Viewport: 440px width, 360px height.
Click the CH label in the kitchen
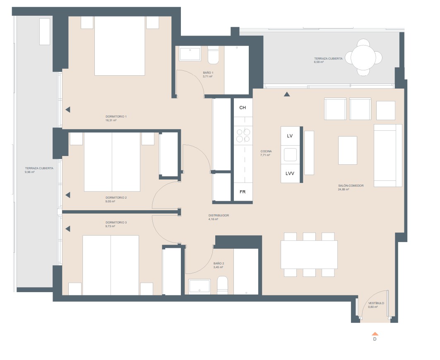coord(243,108)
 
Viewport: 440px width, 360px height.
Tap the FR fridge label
coord(243,192)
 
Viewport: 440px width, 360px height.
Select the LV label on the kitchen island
coord(290,136)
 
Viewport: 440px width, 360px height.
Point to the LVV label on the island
coord(290,173)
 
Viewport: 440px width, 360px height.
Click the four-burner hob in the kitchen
coord(243,136)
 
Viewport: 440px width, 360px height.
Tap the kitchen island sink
coord(290,154)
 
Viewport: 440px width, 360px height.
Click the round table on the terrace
coord(363,57)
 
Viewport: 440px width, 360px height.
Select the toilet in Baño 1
coord(213,56)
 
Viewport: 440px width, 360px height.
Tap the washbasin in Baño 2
coord(199,286)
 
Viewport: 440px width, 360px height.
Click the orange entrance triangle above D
coord(375,334)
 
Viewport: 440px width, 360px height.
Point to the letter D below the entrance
coord(375,339)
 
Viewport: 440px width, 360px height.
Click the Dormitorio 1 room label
coord(116,117)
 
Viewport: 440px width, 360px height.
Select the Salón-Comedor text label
coord(351,186)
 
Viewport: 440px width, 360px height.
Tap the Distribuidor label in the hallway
coord(219,216)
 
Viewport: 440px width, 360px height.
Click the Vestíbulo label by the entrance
coord(376,303)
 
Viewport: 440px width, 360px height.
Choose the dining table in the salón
coord(309,254)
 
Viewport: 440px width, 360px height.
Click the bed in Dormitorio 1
coord(120,46)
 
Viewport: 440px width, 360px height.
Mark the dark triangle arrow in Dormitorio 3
coord(67,228)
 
